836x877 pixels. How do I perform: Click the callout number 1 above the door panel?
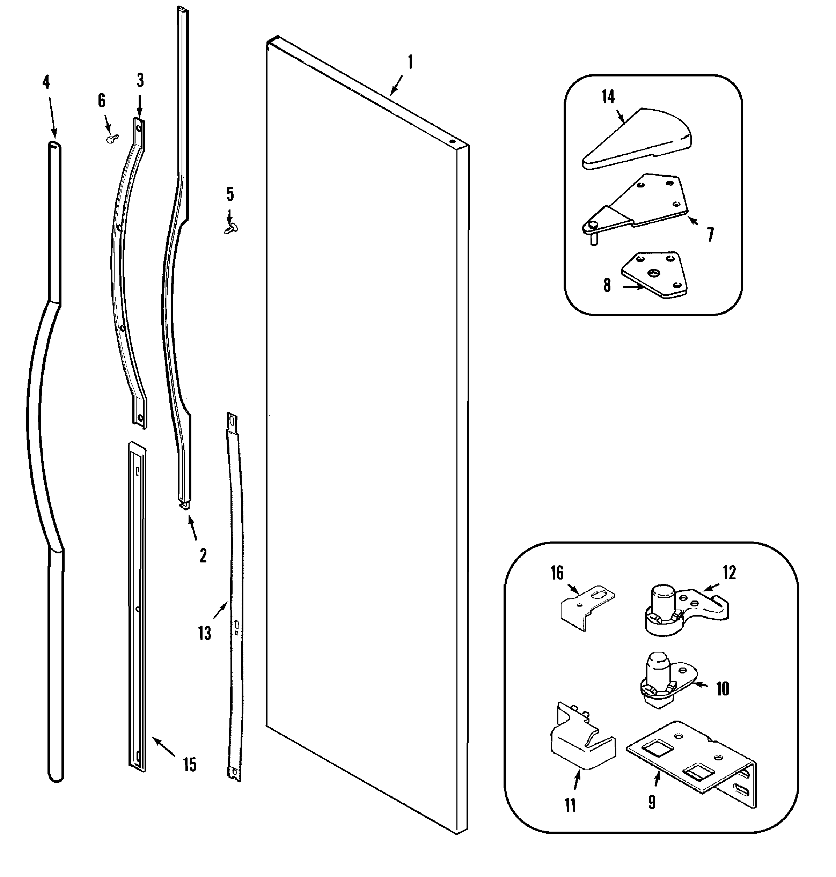click(410, 62)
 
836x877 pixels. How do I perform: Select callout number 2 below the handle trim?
click(203, 556)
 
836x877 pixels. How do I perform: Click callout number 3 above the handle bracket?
click(140, 81)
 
